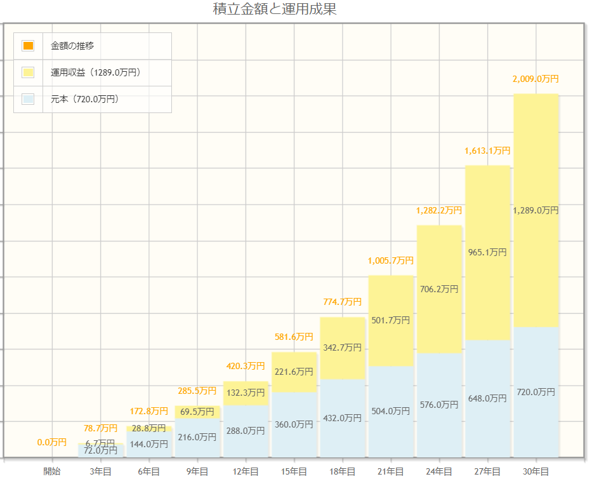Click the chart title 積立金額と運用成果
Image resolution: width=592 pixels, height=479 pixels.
coord(275,9)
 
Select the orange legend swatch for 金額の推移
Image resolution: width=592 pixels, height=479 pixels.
coord(28,46)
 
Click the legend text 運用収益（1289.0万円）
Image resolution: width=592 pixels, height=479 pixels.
coord(96,72)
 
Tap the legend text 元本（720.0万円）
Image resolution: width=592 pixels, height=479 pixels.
coord(84,99)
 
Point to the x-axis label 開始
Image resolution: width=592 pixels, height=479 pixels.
coord(52,471)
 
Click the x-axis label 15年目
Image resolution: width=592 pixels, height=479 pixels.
coord(294,471)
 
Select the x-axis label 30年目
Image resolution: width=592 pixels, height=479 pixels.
coord(536,471)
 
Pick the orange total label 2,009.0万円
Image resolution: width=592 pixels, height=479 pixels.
coord(536,79)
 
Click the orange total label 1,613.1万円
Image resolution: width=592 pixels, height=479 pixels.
coord(487,151)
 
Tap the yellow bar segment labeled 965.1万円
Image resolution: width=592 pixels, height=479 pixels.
coord(487,253)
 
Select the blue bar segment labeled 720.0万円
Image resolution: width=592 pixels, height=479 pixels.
coord(536,392)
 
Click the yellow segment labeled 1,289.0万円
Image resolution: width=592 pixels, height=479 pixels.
coord(536,210)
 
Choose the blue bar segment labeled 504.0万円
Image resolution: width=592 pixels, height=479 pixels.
coord(391,411)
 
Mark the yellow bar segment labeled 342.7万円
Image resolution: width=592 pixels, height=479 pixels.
coord(343,347)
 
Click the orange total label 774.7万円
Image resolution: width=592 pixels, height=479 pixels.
coord(343,301)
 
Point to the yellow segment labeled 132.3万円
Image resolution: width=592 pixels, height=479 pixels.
coord(246,393)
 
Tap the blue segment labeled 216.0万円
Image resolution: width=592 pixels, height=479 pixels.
coord(197,438)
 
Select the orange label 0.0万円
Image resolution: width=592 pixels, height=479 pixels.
coord(52,442)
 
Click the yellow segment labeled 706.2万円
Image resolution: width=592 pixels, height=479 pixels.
coord(439,289)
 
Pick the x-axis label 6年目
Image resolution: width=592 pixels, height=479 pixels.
coord(148,471)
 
